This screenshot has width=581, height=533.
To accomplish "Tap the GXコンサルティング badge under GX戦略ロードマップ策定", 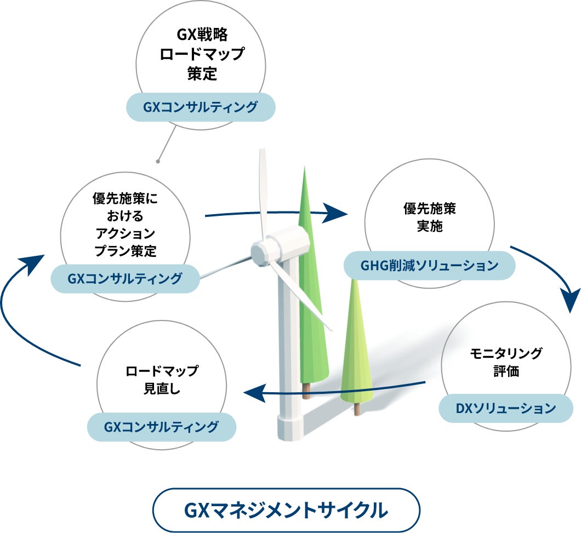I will click(x=200, y=107).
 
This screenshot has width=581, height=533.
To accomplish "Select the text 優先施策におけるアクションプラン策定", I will click(x=126, y=225).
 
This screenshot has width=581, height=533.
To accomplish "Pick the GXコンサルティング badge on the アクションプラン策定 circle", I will click(x=125, y=279).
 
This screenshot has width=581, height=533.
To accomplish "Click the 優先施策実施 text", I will click(x=430, y=217).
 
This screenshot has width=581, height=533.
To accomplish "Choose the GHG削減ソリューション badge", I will click(x=429, y=266).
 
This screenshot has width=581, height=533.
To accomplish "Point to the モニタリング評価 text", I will click(x=505, y=362).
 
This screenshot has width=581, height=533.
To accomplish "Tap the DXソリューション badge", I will click(x=505, y=408).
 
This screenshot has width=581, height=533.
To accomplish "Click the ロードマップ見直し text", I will click(x=162, y=380).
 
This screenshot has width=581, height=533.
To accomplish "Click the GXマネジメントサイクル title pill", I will click(x=287, y=511).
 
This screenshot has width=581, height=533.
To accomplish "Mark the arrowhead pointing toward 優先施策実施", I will click(x=336, y=213).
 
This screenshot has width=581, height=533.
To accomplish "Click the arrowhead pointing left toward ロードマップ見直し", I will click(x=254, y=392).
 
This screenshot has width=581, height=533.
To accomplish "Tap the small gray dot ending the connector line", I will click(x=158, y=162).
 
